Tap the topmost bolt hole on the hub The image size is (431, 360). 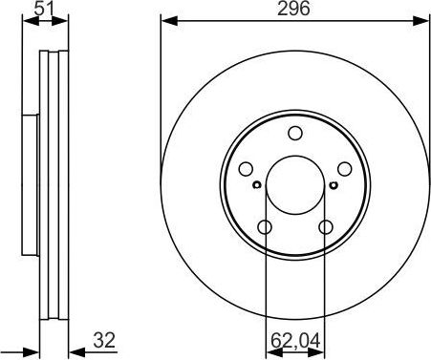[294, 134]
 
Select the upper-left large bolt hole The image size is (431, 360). [247, 169]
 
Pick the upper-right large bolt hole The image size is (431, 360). [343, 169]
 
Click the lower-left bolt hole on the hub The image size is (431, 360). [265, 226]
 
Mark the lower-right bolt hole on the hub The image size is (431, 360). [325, 226]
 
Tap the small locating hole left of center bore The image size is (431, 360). [257, 184]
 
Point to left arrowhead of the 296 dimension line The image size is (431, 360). [165, 20]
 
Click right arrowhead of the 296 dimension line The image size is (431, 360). [425, 20]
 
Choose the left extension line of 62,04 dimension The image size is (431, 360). [265, 286]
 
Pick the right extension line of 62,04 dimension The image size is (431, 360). [325, 286]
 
